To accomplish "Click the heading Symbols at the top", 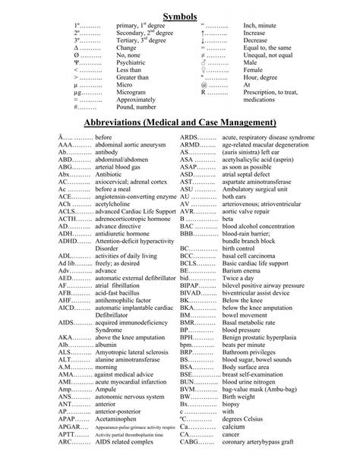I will (x=180, y=16).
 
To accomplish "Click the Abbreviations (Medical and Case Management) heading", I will (x=180, y=122).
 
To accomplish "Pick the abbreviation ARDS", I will (x=190, y=136).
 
